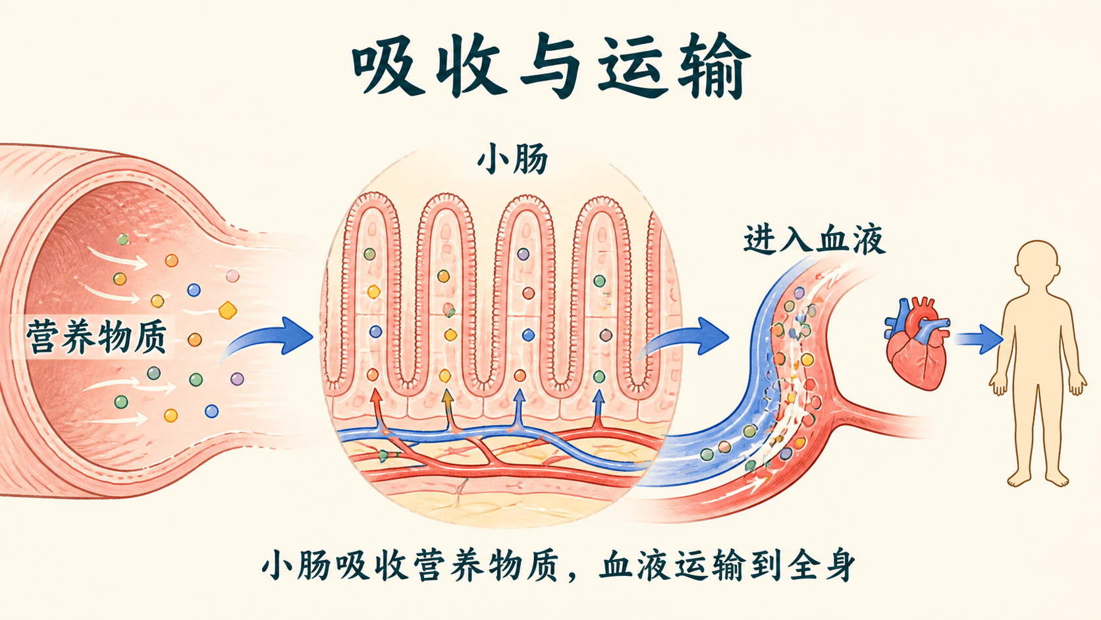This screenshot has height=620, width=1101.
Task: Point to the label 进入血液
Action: [815, 239]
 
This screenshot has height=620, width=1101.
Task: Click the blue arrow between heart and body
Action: [978, 339]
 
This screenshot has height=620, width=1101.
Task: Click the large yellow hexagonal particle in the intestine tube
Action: [228, 310]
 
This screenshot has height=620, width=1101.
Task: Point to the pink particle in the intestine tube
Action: [232, 276]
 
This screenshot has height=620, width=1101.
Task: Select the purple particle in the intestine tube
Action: [237, 379]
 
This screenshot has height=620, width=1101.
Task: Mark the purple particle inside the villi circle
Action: [523, 254]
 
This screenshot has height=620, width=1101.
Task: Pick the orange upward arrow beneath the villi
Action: [448, 410]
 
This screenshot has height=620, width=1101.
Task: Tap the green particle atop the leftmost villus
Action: [369, 254]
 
